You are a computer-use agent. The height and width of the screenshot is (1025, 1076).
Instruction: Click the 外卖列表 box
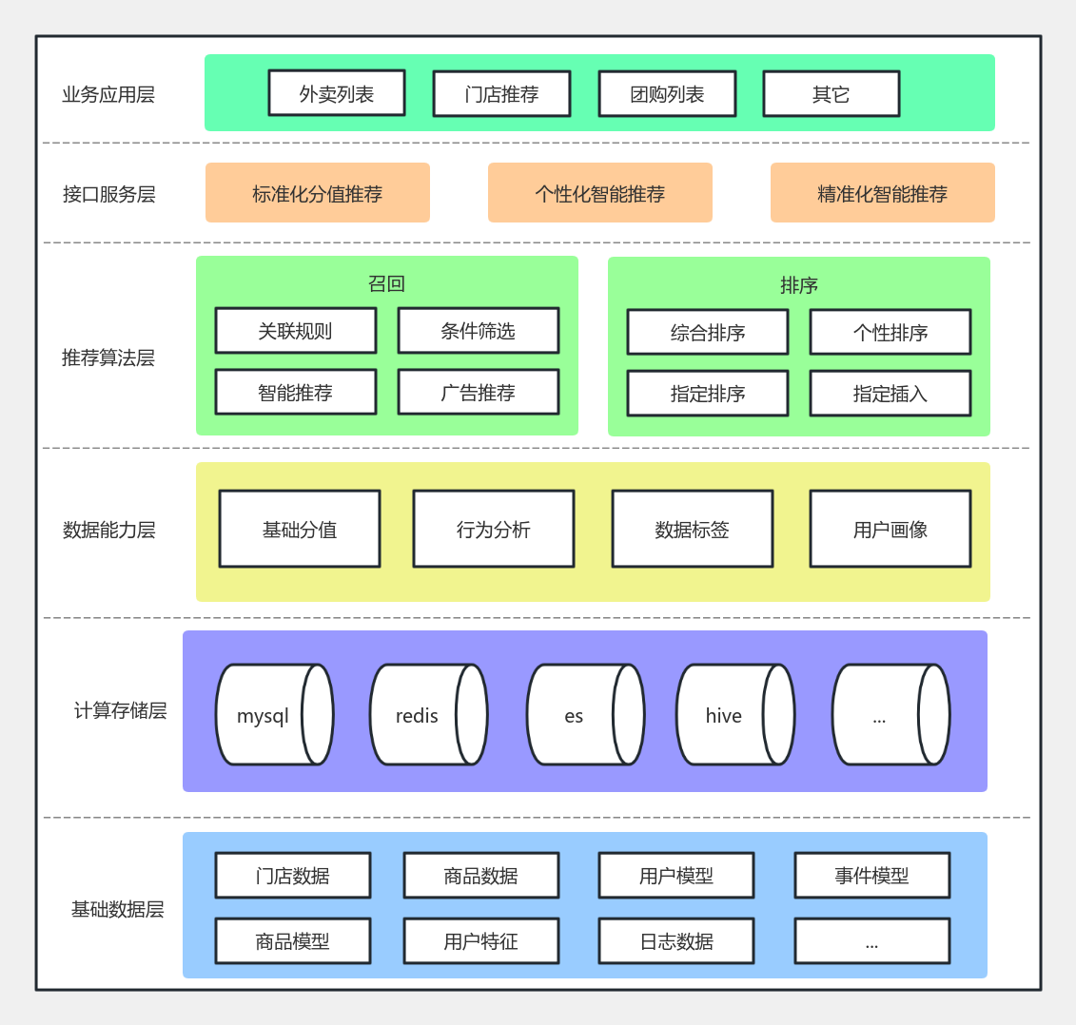click(337, 93)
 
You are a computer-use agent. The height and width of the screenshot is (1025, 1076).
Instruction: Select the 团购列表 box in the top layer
click(667, 94)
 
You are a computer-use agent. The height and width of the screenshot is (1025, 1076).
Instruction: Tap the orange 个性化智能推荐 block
click(599, 193)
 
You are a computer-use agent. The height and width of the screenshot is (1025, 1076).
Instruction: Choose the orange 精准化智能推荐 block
click(882, 193)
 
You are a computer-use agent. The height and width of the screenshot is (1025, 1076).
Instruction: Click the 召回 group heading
click(386, 283)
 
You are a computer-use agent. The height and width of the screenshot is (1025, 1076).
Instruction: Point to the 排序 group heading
click(798, 285)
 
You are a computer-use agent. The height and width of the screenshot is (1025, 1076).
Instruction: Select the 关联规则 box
click(295, 331)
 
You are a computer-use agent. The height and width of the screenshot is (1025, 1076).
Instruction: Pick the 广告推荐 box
click(478, 393)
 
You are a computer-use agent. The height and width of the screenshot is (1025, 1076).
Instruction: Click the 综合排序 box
click(707, 333)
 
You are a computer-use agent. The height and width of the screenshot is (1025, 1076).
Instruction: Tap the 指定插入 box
click(890, 394)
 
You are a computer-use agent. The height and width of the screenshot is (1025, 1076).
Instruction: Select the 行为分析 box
click(493, 530)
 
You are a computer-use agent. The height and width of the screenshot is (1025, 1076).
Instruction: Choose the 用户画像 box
click(890, 530)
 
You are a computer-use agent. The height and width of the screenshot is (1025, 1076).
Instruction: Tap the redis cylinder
click(427, 715)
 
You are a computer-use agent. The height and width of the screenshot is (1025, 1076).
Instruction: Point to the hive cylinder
click(734, 715)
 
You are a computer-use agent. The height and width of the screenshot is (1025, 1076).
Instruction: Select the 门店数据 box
click(292, 876)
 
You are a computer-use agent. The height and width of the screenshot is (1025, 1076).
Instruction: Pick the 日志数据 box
click(675, 941)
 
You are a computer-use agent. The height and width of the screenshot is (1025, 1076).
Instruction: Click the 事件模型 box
click(871, 876)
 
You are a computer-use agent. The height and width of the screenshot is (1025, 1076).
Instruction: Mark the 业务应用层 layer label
click(108, 94)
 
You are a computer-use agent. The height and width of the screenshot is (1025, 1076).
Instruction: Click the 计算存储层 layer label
click(120, 710)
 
